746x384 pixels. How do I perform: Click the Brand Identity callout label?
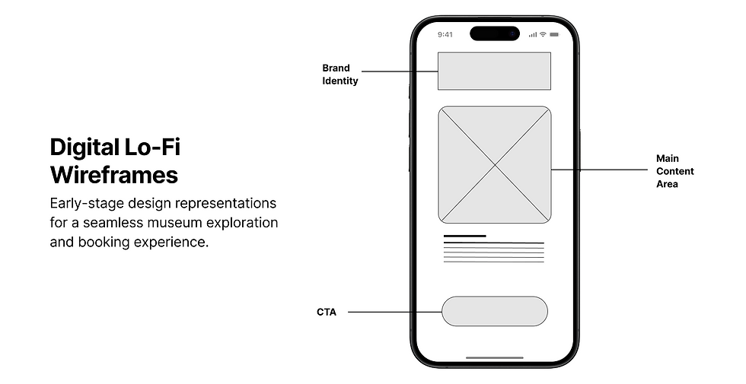click(x=340, y=75)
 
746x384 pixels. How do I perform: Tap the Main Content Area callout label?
click(x=674, y=171)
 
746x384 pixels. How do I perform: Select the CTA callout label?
click(x=327, y=312)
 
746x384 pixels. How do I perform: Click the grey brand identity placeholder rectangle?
click(x=494, y=71)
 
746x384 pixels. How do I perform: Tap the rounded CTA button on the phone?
click(x=494, y=311)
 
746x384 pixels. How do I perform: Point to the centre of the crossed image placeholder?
click(x=495, y=165)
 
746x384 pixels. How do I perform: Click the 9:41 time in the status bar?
click(x=445, y=34)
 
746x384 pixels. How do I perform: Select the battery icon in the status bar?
click(x=555, y=34)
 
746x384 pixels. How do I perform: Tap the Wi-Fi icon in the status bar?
click(x=543, y=34)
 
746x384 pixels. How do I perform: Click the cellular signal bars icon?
click(x=533, y=34)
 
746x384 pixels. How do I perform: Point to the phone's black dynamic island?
click(x=495, y=33)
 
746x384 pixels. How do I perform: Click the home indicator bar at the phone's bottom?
click(x=495, y=357)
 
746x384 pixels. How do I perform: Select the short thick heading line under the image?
click(x=464, y=236)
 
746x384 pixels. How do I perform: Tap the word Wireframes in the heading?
click(x=114, y=175)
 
